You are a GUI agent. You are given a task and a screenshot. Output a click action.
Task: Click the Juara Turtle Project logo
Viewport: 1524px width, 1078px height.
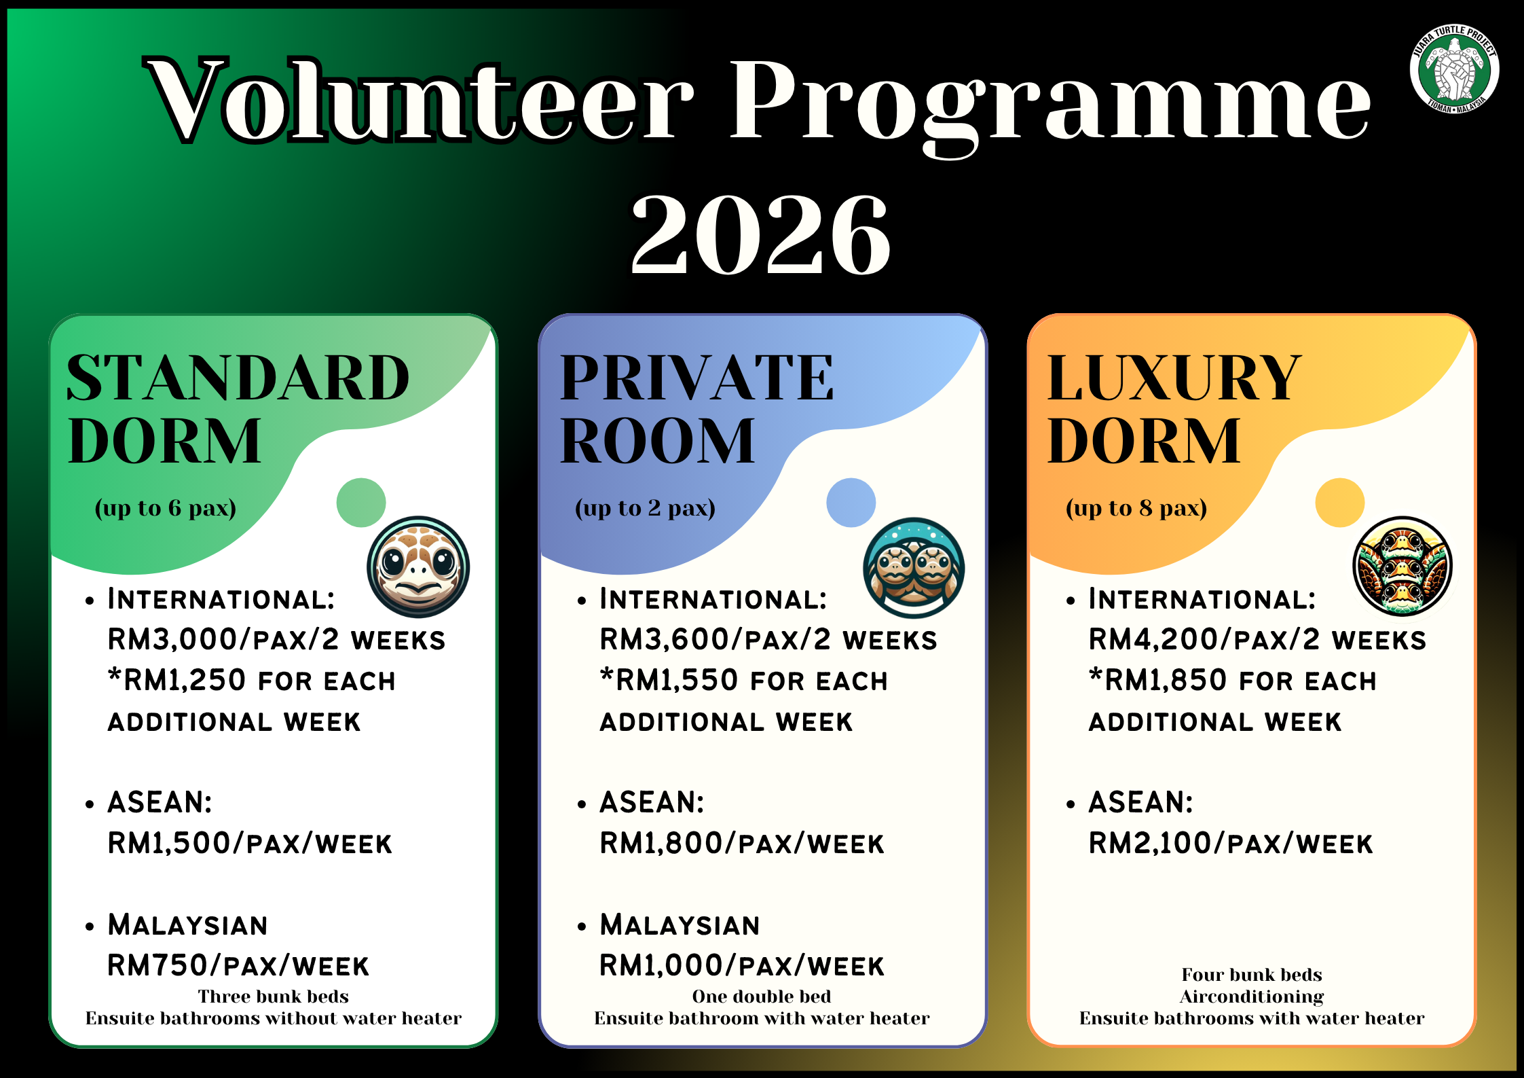[x=1454, y=69]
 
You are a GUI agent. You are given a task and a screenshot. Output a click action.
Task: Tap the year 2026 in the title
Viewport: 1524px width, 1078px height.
[x=760, y=234]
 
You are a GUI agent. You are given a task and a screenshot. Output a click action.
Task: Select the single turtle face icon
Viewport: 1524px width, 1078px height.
[x=418, y=567]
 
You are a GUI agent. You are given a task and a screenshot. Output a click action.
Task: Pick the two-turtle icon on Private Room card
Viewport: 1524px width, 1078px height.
[x=914, y=568]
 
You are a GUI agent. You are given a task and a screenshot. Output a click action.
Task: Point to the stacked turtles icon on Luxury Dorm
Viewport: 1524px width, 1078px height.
[x=1402, y=567]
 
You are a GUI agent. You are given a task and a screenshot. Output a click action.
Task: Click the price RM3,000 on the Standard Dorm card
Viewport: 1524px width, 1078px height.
[x=178, y=639]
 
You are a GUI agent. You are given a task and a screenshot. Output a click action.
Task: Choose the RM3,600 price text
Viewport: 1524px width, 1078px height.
[x=670, y=639]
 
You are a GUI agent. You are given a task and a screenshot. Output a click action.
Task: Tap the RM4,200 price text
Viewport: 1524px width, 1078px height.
[x=1159, y=639]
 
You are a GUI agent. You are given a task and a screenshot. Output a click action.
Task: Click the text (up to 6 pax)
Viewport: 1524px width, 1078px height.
[x=166, y=508]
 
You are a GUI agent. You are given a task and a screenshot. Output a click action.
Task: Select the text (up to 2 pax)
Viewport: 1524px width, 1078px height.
[x=645, y=508]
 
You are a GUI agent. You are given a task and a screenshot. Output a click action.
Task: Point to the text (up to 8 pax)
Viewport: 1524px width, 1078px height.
[x=1136, y=508]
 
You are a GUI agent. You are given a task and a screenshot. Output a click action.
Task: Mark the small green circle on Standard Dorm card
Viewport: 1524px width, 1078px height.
[x=361, y=503]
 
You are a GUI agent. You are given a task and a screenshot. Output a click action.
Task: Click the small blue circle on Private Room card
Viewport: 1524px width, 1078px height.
[x=851, y=503]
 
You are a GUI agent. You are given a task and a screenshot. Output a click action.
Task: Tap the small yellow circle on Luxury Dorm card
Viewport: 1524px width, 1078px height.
[x=1340, y=503]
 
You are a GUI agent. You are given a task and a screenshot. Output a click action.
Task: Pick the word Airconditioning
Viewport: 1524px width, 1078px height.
[x=1252, y=996]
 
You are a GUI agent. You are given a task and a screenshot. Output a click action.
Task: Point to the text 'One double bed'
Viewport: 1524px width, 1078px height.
[x=762, y=996]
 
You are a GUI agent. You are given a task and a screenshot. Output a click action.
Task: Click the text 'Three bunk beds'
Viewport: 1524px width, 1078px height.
[x=273, y=996]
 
